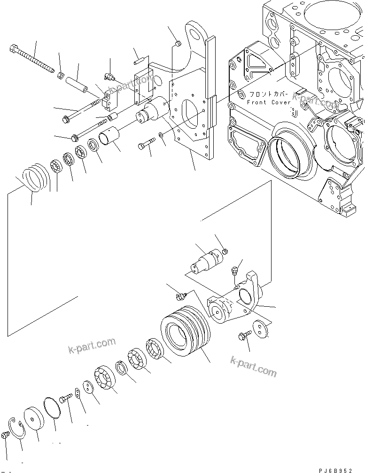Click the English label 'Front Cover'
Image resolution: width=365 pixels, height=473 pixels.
263,102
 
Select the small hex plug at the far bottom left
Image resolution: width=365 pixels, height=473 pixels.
5,435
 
